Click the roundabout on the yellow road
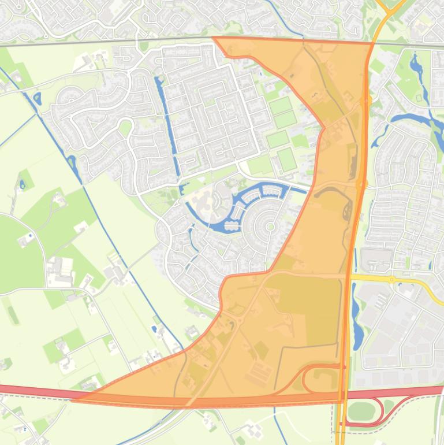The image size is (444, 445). click(392, 280)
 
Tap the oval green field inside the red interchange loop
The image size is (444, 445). click(361, 411)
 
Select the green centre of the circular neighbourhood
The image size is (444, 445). click(270, 227)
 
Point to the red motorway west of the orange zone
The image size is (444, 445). click(35, 391)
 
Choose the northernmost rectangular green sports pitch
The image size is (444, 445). click(281, 106)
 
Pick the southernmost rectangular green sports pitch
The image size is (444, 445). click(286, 160)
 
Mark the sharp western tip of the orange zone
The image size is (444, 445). click(75, 399)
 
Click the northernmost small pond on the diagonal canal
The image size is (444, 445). click(38, 98)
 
